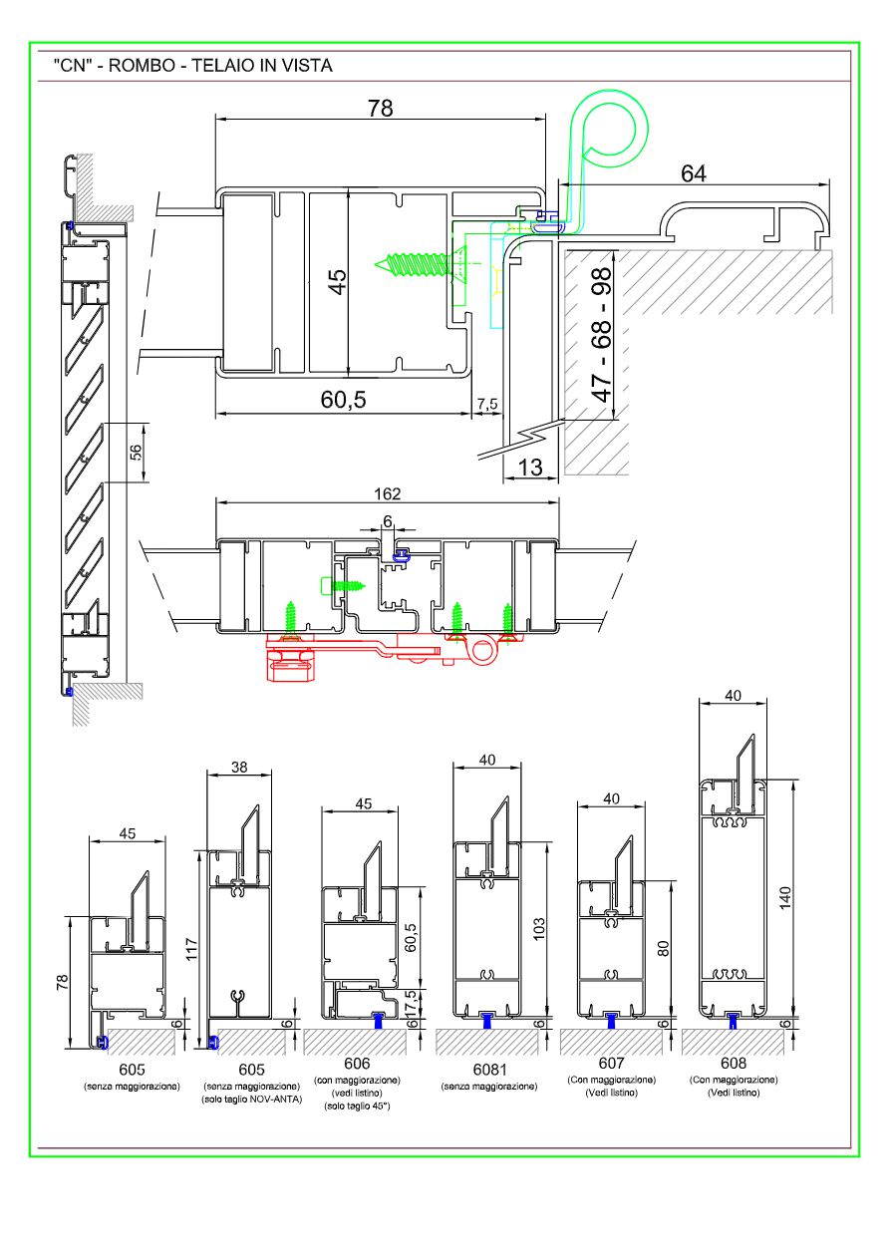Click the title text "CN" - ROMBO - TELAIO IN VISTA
coord(193,66)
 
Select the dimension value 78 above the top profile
coord(380,109)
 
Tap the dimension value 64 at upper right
coord(694,172)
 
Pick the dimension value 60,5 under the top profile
coord(342,400)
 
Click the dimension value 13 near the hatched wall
coord(531,466)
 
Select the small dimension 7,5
coord(487,404)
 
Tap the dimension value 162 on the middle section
coord(387,493)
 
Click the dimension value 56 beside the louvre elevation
coord(138,453)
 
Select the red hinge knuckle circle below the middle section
coord(484,654)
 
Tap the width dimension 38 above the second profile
coord(238,769)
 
